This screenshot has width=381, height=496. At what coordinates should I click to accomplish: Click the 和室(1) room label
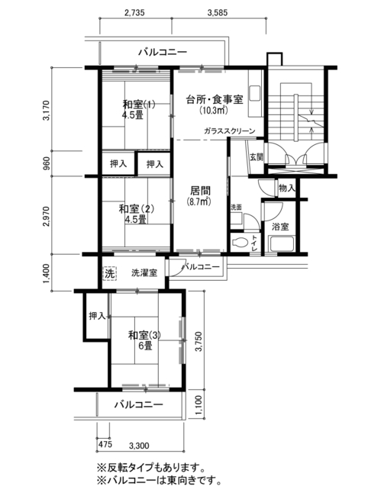(x=139, y=109)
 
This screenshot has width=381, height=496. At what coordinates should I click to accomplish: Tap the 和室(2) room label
(x=136, y=214)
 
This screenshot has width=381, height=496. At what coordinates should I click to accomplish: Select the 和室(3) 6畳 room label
(x=144, y=340)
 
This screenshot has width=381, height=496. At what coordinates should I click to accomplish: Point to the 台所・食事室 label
(x=215, y=100)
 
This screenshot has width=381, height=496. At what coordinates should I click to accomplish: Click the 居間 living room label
(x=200, y=191)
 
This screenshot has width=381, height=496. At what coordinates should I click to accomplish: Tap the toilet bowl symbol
(x=240, y=243)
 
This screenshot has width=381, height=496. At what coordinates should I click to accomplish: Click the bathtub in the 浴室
(x=282, y=243)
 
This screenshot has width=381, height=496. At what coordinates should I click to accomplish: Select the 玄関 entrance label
(x=257, y=157)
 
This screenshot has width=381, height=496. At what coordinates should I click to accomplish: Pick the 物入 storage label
(x=286, y=188)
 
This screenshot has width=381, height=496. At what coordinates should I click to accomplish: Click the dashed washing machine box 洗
(x=110, y=273)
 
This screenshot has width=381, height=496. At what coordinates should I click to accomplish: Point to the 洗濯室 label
(x=144, y=273)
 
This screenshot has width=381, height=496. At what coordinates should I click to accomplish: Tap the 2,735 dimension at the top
(x=134, y=13)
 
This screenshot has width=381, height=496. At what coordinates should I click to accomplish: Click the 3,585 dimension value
(x=218, y=13)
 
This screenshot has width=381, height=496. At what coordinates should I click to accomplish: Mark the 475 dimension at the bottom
(x=105, y=444)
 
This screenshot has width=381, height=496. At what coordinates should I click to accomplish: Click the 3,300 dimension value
(x=139, y=446)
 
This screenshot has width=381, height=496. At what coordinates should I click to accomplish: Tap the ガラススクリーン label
(x=230, y=131)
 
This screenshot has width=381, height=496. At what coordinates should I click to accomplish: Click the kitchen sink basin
(x=255, y=92)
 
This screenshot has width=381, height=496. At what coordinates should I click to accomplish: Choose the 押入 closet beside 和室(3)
(x=97, y=316)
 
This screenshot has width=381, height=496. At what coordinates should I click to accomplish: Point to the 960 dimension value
(x=47, y=163)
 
